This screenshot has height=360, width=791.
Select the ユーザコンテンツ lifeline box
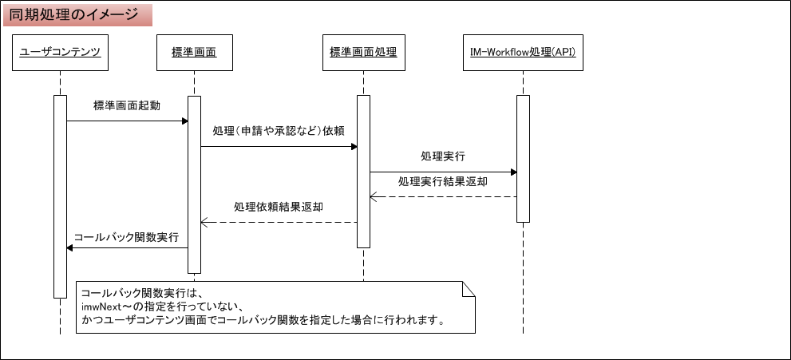(60, 53)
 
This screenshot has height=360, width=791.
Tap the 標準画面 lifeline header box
(194, 53)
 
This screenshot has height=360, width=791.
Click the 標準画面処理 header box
(363, 53)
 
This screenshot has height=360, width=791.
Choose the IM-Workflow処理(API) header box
(523, 53)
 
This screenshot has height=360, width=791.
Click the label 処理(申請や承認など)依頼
(278, 130)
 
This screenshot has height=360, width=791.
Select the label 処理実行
(443, 156)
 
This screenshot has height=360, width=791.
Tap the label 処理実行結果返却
(443, 181)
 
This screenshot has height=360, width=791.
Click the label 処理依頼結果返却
(279, 206)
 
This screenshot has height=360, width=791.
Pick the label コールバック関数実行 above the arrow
(126, 238)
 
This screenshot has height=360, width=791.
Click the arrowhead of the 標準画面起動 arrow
(184, 121)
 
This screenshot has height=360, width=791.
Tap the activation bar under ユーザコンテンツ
(60, 196)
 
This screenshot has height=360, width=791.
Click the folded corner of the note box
(469, 288)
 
